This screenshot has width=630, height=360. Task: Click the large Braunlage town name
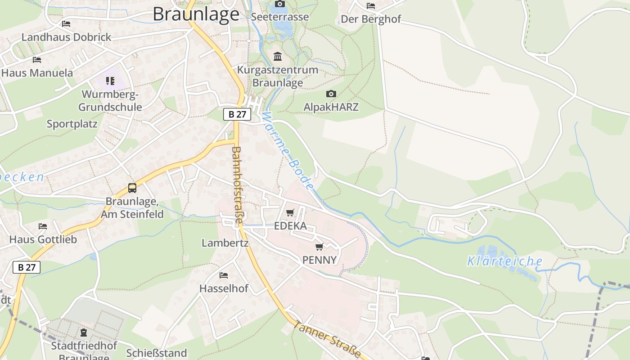[x=196, y=14]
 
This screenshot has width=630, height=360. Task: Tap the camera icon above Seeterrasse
[x=279, y=4]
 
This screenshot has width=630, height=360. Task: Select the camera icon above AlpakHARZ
[x=331, y=94]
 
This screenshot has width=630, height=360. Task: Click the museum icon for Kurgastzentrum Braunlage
[x=278, y=57]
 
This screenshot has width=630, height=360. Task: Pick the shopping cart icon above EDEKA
[x=290, y=212]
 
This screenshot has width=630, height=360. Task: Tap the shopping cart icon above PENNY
[x=319, y=247]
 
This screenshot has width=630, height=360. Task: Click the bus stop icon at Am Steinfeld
[x=132, y=188]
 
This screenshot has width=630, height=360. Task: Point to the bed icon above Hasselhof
[x=223, y=275]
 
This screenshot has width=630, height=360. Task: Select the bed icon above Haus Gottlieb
[x=43, y=226]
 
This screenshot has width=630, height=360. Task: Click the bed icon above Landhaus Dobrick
[x=66, y=23]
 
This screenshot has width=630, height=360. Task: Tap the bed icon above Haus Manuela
[x=37, y=59]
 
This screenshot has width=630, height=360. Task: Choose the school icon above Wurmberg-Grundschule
[x=110, y=81]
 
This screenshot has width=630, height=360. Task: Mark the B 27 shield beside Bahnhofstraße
[x=237, y=114]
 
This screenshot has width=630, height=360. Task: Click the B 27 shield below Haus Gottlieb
[x=27, y=267]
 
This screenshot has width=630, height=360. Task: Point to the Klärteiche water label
[x=504, y=261]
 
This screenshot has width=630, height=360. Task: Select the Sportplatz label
[x=72, y=124]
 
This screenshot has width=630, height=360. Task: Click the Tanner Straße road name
[x=327, y=339]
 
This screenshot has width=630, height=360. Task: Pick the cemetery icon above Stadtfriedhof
[x=84, y=333]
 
